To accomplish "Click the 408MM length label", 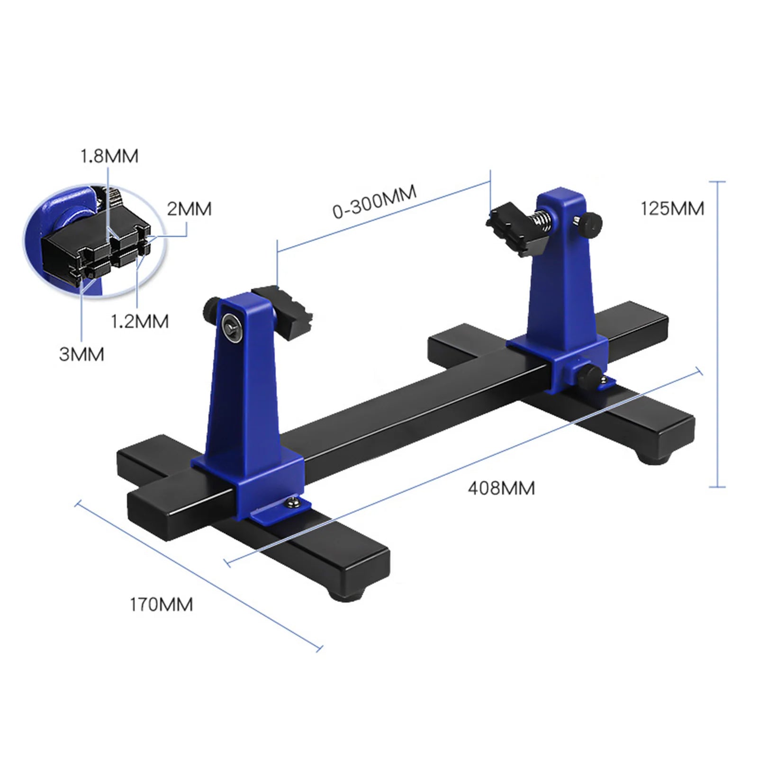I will tap(501, 488).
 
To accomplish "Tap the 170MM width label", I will tap(162, 605).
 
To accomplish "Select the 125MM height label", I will tap(672, 208).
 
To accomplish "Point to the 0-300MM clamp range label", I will tap(374, 201).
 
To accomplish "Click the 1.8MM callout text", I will tap(109, 156).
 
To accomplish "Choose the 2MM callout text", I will tap(189, 209).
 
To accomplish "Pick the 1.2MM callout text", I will tap(140, 322).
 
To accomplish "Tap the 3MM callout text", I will tap(81, 354).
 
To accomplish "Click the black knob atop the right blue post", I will tap(591, 224).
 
